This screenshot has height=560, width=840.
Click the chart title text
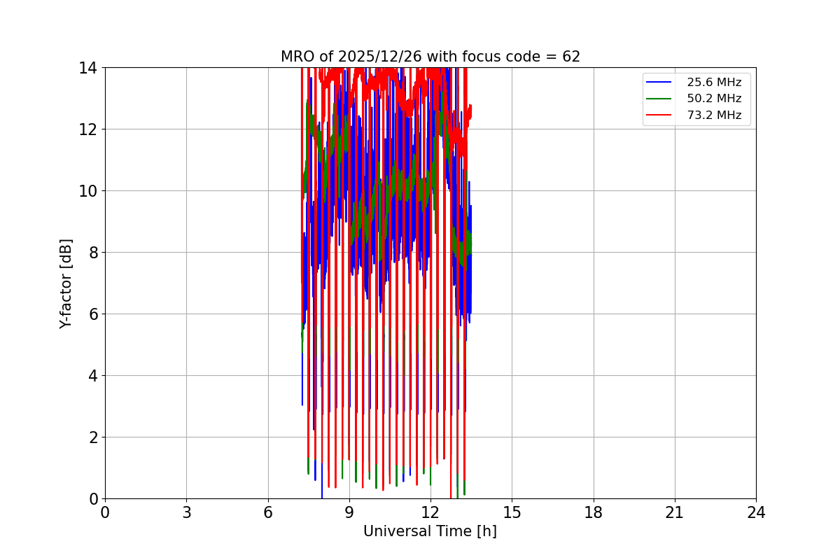pyautogui.click(x=430, y=57)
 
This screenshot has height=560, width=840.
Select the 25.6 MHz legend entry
pyautogui.click(x=714, y=82)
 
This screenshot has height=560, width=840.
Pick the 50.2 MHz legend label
pyautogui.click(x=714, y=99)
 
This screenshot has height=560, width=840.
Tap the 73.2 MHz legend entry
pyautogui.click(x=714, y=115)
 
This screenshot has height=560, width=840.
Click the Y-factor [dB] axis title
pyautogui.click(x=66, y=283)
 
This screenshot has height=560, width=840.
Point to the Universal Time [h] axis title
pyautogui.click(x=430, y=531)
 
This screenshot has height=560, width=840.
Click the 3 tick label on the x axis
pyautogui.click(x=186, y=512)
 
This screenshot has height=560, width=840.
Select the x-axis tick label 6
pyautogui.click(x=267, y=512)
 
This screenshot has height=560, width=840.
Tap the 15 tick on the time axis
pyautogui.click(x=512, y=512)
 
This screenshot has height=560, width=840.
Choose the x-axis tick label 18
pyautogui.click(x=593, y=512)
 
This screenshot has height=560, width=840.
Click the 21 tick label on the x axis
pyautogui.click(x=674, y=512)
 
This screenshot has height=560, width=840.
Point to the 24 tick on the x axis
pyautogui.click(x=756, y=512)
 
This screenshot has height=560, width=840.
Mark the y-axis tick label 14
pyautogui.click(x=87, y=68)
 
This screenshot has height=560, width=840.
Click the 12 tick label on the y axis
pyautogui.click(x=87, y=129)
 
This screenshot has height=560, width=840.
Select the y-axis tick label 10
pyautogui.click(x=87, y=191)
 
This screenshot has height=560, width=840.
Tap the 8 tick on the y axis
pyautogui.click(x=92, y=253)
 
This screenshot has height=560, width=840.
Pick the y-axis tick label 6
pyautogui.click(x=92, y=314)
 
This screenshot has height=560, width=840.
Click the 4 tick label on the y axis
pyautogui.click(x=92, y=376)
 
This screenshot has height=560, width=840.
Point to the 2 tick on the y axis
pyautogui.click(x=92, y=437)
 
